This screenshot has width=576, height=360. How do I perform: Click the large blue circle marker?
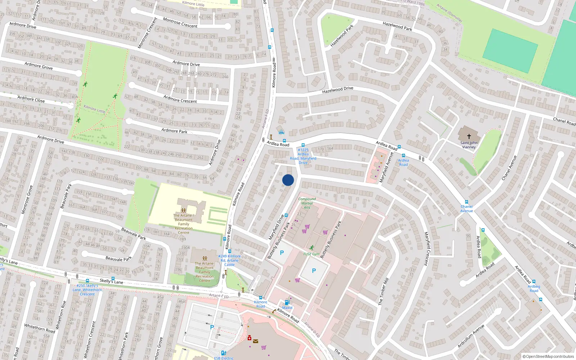coord(288,180)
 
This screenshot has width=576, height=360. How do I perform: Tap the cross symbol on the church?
coord(469,136)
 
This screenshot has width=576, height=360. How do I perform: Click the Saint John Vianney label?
coord(469,145)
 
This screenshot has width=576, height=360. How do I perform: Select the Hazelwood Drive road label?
coord(338,90)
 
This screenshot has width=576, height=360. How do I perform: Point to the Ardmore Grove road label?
coord(39,66)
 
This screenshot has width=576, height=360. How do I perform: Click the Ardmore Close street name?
coord(31,99)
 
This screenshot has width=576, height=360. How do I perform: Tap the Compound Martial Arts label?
coord(307,203)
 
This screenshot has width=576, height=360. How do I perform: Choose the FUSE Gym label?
coord(311,254)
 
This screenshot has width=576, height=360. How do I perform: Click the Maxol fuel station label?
coord(287,307)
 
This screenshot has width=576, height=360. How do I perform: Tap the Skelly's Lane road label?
coord(111,281)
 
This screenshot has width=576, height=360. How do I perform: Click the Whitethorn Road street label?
coord(40,328)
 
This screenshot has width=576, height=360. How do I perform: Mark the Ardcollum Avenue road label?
coord(471,336)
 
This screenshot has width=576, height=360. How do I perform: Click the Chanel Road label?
coord(564,121)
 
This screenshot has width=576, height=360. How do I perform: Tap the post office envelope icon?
coord(255,341)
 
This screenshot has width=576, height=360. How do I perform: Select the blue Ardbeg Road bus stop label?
coord(534,288)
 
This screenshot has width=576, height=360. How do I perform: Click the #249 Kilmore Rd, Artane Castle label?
coord(229,260)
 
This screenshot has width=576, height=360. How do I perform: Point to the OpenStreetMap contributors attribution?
coord(548,356)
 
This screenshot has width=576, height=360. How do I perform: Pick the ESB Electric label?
coord(224,358)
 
